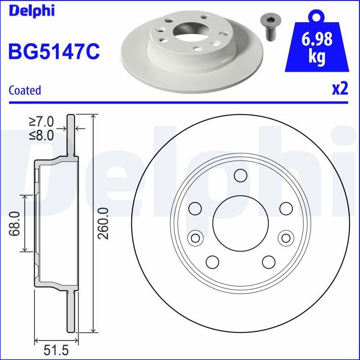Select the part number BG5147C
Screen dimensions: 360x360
pyautogui.click(x=54, y=51)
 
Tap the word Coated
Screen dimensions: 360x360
pyautogui.click(x=25, y=90)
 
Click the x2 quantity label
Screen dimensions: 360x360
pyautogui.click(x=340, y=89)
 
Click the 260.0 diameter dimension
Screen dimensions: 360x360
pyautogui.click(x=104, y=222)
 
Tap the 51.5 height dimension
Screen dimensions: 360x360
pyautogui.click(x=53, y=350)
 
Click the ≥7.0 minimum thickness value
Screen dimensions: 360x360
pyautogui.click(x=41, y=122)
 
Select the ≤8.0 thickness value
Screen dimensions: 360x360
pyautogui.click(x=41, y=135)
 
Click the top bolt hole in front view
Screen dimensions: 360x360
pyautogui.click(x=240, y=176)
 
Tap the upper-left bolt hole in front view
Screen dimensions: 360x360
pyautogui.click(x=195, y=208)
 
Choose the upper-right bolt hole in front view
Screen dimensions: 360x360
pyautogui.click(x=286, y=208)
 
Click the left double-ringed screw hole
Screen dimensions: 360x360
pyautogui.click(x=195, y=237)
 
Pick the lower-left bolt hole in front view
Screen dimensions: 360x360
pyautogui.click(x=212, y=262)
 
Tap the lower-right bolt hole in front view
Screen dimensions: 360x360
pyautogui.click(x=268, y=262)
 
